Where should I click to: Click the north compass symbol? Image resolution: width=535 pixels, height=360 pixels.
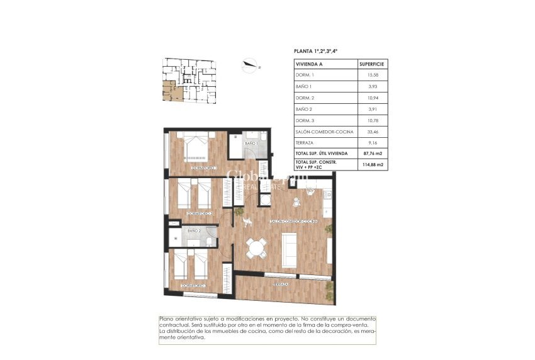pyautogui.click(x=251, y=64)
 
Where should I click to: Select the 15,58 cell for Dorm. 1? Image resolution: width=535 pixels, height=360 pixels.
pyautogui.click(x=371, y=75)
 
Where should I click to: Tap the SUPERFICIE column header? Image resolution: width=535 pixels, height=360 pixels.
pyautogui.click(x=371, y=64)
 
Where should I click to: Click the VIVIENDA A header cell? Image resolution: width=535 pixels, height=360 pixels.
pyautogui.click(x=309, y=64)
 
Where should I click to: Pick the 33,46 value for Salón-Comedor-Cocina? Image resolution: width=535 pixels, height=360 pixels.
pyautogui.click(x=371, y=132)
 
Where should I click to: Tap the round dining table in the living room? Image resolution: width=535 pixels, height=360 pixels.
pyautogui.click(x=256, y=248)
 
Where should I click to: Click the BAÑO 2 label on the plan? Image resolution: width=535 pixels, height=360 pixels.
pyautogui.click(x=194, y=232)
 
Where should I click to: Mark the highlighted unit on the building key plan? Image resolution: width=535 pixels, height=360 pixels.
pyautogui.click(x=170, y=91)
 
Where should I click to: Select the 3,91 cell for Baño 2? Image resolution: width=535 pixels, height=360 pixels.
pyautogui.click(x=371, y=109)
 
